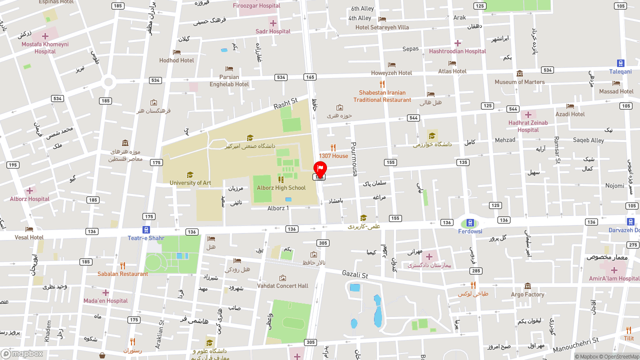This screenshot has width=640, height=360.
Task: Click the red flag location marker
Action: click(319, 169)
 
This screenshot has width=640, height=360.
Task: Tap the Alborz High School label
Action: click(281, 188)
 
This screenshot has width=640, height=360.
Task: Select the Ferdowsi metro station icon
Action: click(470, 223)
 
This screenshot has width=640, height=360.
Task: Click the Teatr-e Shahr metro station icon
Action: click(146, 229)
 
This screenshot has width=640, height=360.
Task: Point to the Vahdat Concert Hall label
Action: click(282, 286)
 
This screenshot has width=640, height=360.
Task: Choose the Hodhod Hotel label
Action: click(176, 60)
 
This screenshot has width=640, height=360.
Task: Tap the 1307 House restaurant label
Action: click(333, 156)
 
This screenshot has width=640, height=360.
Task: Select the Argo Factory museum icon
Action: click(527, 286)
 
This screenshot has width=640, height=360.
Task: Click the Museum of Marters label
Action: click(519, 82)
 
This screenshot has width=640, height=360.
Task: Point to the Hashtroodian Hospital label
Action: click(457, 51)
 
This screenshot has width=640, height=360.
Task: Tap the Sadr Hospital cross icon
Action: click(273, 23)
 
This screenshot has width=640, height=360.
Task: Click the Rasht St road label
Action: click(285, 104)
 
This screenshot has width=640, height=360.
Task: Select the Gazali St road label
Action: click(355, 274)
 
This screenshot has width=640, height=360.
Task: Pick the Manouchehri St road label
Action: click(576, 344)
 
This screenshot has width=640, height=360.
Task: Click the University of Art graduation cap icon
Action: click(190, 174)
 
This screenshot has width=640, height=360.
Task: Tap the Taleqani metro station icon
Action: click(620, 63)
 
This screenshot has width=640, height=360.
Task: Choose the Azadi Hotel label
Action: click(570, 114)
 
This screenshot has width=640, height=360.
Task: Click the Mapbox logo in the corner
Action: click(22, 354)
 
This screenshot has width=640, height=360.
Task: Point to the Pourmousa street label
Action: click(354, 159)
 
